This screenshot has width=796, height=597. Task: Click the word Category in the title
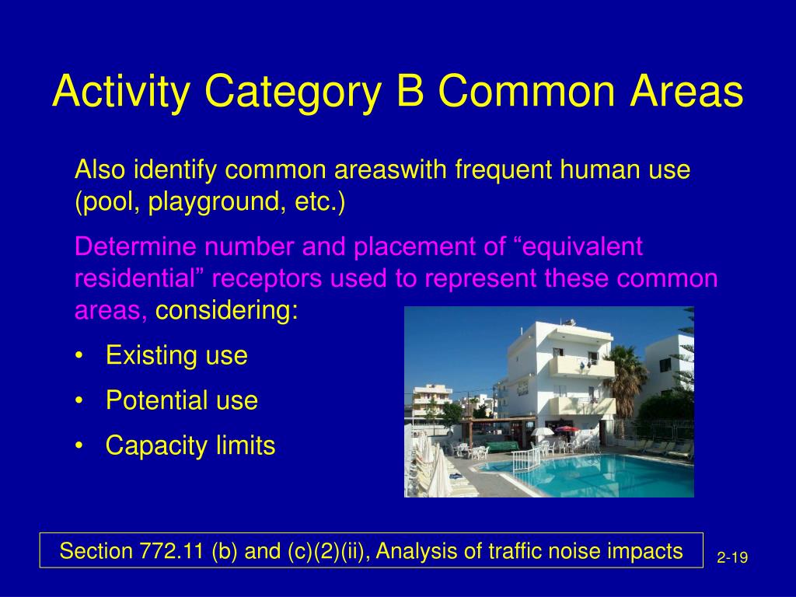pyautogui.click(x=293, y=92)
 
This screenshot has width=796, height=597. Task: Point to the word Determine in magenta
pyautogui.click(x=135, y=246)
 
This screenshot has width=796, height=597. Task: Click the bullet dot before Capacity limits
pyautogui.click(x=79, y=446)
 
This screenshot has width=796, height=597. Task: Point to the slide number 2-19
pyautogui.click(x=732, y=558)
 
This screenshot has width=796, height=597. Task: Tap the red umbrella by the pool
pyautogui.click(x=567, y=429)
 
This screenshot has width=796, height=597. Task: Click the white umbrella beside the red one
pyautogui.click(x=542, y=431)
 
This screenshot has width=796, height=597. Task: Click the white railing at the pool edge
pyautogui.click(x=526, y=460)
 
